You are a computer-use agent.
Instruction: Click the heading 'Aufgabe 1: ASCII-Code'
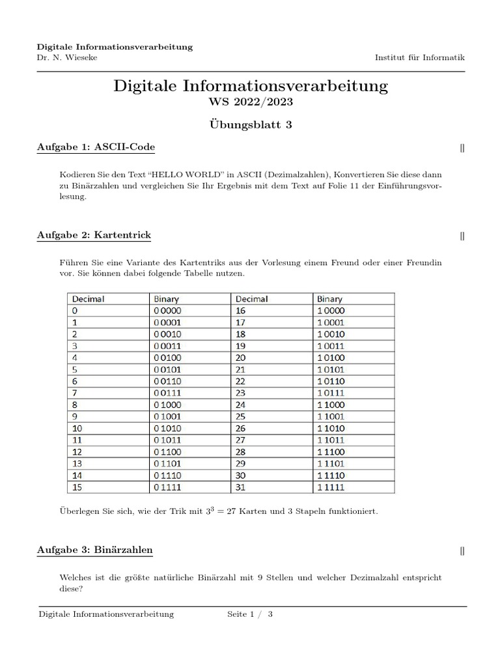(96, 147)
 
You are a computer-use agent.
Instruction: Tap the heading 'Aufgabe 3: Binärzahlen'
(95, 550)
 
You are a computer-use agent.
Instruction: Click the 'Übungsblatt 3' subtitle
(250, 125)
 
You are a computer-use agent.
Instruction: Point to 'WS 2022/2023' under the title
(250, 103)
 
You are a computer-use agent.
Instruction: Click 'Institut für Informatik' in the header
(419, 57)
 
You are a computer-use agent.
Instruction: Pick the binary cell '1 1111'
(331, 487)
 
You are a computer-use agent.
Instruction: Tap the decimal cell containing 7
(75, 393)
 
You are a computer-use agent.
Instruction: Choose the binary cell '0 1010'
(168, 428)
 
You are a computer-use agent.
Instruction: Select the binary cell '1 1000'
(331, 404)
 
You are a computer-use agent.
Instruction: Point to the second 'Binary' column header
(329, 299)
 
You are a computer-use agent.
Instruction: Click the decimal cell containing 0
(75, 311)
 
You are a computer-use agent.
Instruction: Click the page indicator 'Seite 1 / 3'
(249, 614)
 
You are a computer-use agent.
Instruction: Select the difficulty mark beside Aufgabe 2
(462, 236)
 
